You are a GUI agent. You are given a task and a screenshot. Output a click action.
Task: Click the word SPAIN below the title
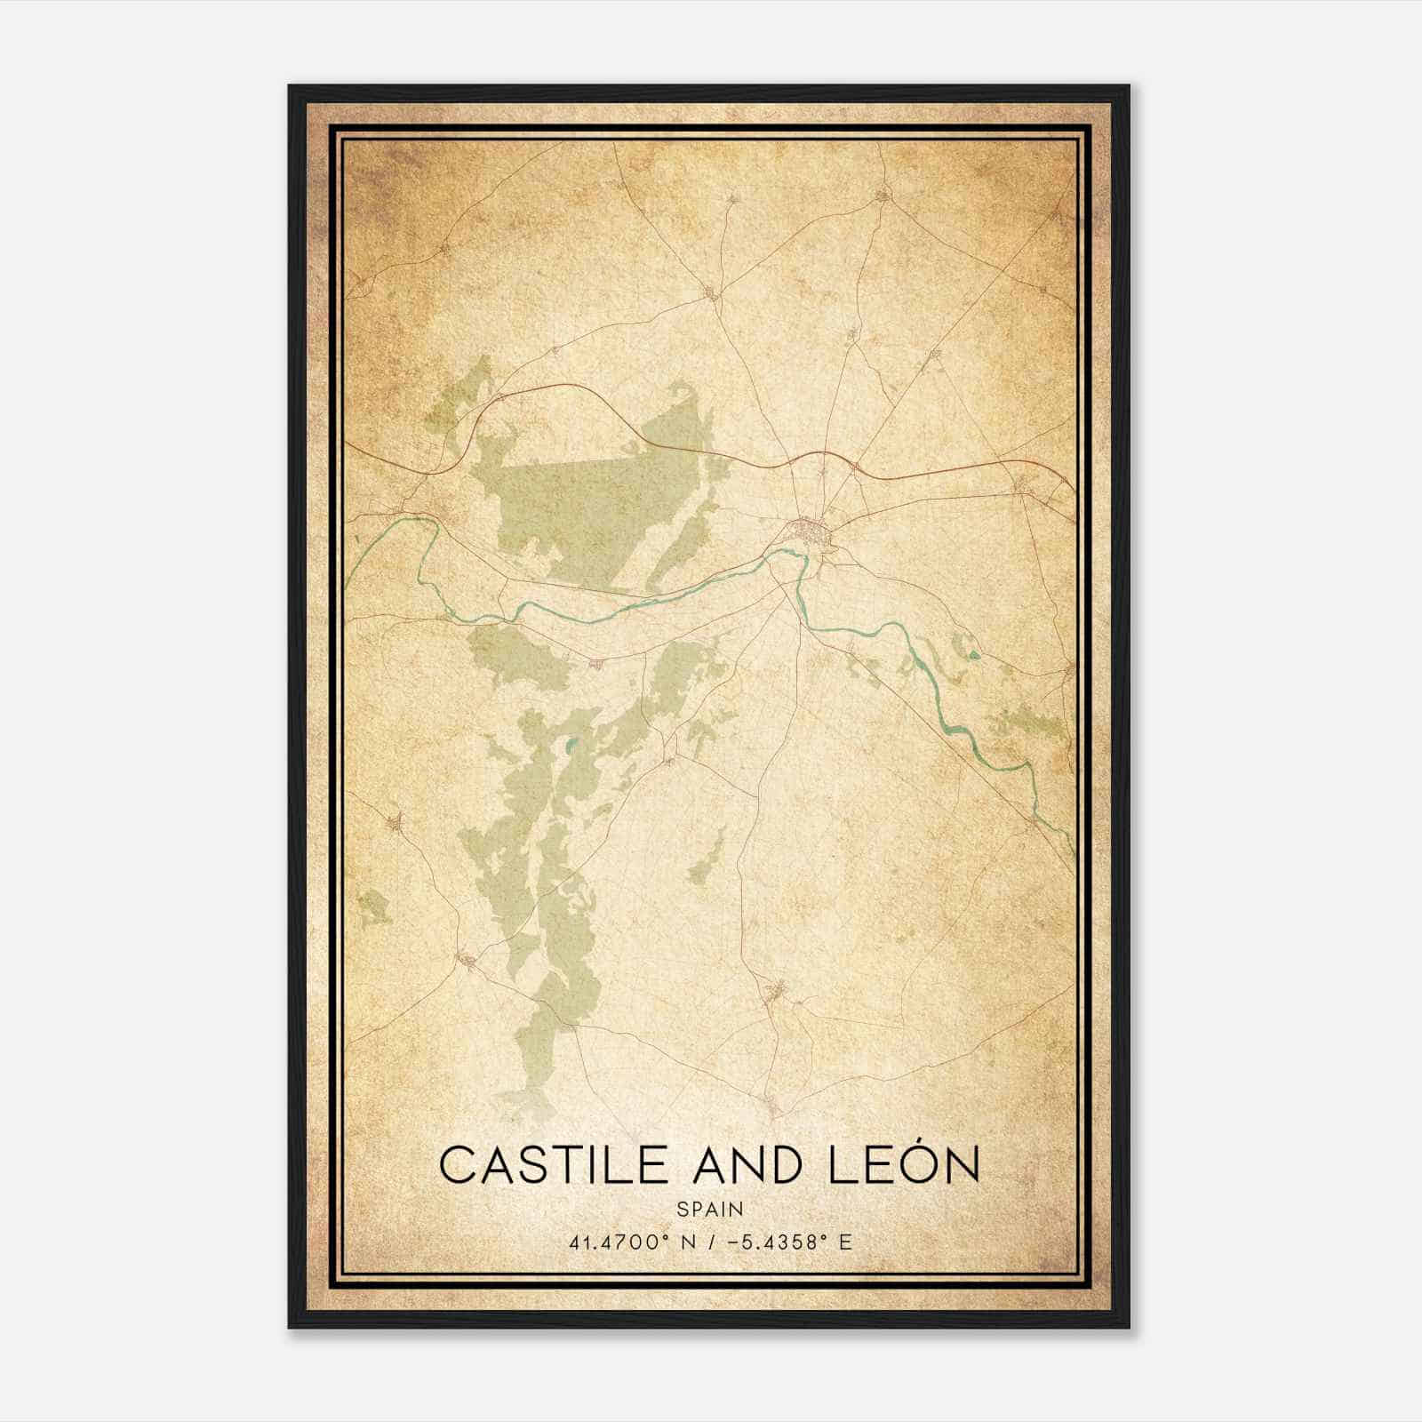pos(709,1210)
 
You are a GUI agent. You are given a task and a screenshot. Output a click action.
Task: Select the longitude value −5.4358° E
pos(789,1242)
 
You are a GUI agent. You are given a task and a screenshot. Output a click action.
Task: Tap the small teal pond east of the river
pos(975,657)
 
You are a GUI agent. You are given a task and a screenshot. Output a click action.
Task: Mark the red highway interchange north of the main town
pos(855,465)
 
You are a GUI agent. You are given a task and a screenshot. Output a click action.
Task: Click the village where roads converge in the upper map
pos(711,292)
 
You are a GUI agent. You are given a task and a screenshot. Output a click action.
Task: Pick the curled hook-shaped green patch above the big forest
pos(683,393)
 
